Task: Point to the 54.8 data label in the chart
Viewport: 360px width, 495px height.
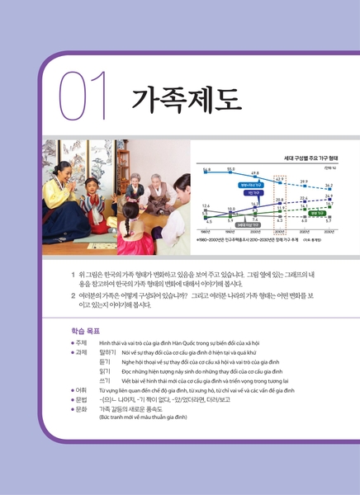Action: [206, 168]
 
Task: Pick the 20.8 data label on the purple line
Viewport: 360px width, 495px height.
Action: [280, 200]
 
